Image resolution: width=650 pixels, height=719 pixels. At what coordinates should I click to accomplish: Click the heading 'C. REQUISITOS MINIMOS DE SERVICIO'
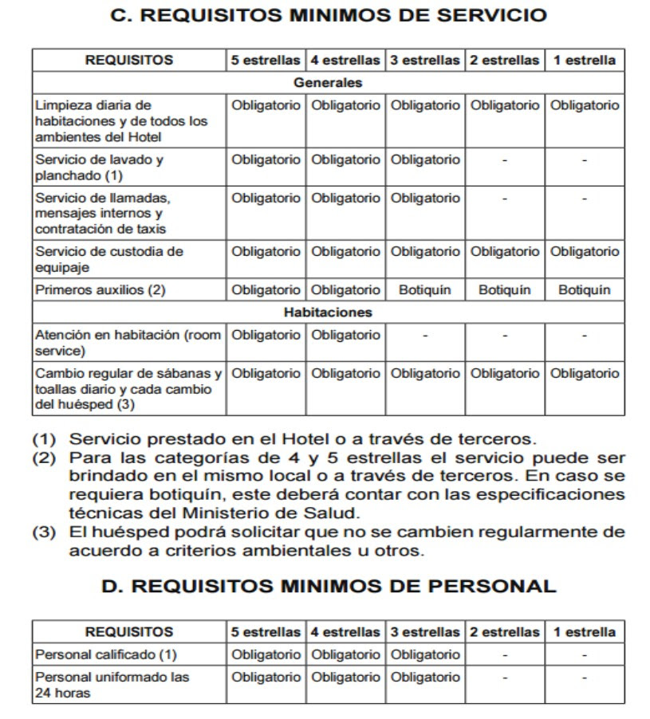coord(328,15)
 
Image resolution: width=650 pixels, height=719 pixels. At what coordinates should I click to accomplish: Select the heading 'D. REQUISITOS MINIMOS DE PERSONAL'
coord(329,586)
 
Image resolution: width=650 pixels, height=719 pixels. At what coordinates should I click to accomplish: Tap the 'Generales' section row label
coord(328,82)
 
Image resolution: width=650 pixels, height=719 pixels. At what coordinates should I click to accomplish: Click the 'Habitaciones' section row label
coord(328,312)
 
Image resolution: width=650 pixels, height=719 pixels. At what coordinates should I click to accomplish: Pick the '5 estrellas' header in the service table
coord(266,60)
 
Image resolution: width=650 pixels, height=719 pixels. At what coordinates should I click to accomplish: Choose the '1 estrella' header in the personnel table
coord(585,632)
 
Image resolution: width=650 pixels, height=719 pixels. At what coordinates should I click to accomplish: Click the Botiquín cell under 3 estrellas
coord(425,290)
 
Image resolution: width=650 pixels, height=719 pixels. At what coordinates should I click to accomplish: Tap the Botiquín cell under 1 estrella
coord(585,290)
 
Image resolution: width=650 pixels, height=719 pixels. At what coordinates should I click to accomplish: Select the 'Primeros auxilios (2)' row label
coord(100,290)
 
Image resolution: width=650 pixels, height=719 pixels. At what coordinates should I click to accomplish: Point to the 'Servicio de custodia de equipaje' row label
coord(109,259)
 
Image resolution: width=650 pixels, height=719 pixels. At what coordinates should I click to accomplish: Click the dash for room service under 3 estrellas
coord(425,336)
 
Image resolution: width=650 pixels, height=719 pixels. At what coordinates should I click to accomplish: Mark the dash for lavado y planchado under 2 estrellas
coord(505,160)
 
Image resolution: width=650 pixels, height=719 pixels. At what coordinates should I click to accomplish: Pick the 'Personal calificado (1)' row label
coord(106,654)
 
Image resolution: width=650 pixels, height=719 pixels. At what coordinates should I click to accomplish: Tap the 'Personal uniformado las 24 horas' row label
coord(112,685)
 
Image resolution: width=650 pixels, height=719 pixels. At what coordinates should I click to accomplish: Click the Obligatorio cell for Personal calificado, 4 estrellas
coord(345,654)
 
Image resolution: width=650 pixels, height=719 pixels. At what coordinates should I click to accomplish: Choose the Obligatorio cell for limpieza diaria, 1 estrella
coord(585,105)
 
